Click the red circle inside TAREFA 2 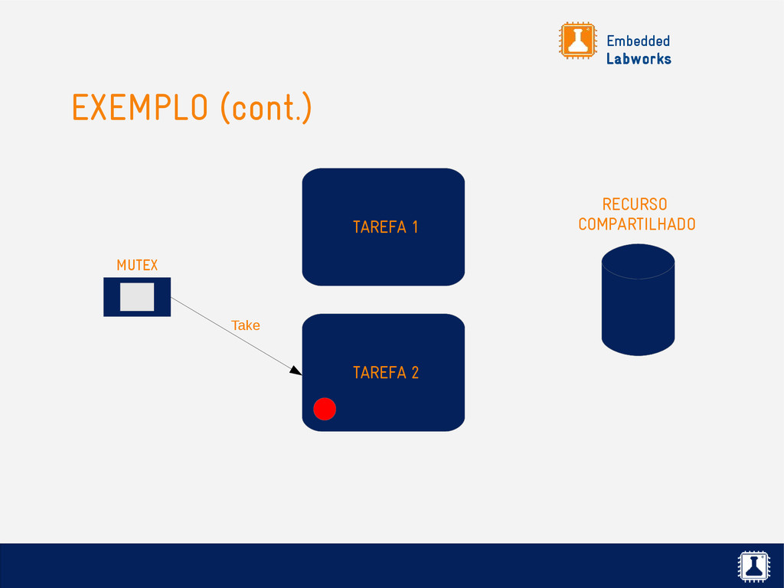click(325, 410)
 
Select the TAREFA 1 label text click(385, 227)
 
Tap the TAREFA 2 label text click(385, 373)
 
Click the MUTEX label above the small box click(137, 266)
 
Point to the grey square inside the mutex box click(137, 297)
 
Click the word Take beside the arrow click(246, 325)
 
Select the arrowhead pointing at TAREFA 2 click(296, 371)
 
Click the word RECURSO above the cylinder click(635, 204)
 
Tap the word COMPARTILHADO click(637, 224)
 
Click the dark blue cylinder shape click(638, 310)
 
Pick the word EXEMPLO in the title click(140, 108)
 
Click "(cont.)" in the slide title click(266, 109)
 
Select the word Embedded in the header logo click(638, 41)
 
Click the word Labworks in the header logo click(639, 59)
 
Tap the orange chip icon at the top click(577, 41)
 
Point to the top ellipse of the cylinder click(638, 261)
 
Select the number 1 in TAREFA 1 click(414, 227)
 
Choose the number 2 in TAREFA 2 click(414, 373)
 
